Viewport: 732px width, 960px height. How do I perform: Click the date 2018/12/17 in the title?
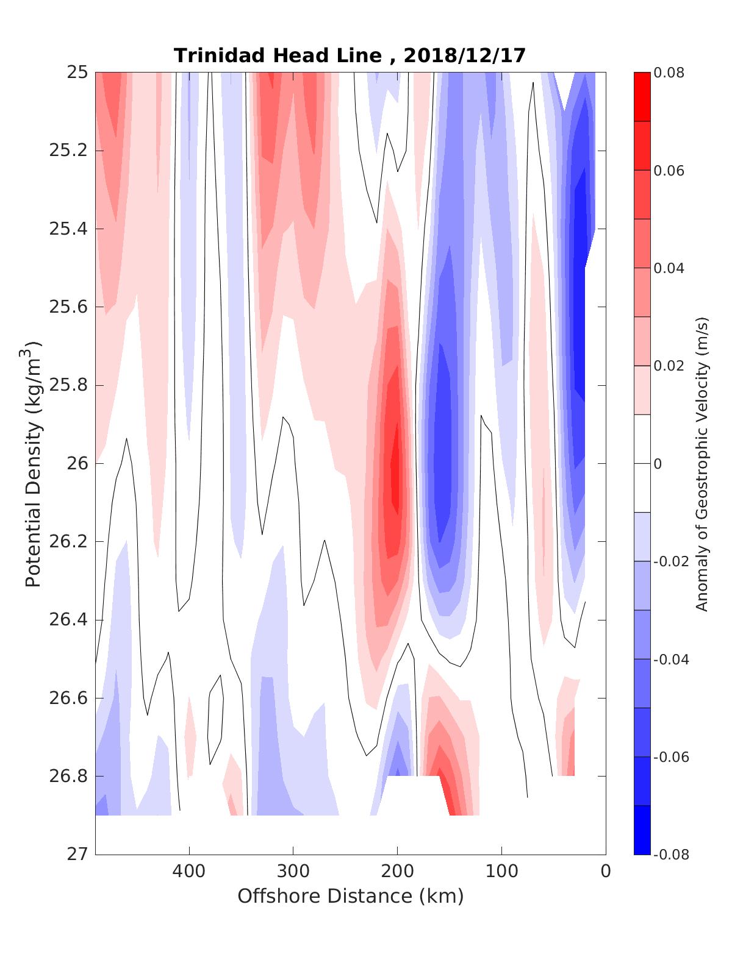point(464,55)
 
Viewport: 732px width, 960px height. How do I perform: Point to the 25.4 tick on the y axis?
point(68,229)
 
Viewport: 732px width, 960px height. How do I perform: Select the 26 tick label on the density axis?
point(78,464)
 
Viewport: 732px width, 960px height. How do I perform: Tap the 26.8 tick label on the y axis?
point(68,777)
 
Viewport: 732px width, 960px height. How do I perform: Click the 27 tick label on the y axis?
point(78,855)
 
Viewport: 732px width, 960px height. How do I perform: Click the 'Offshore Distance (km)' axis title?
point(350,896)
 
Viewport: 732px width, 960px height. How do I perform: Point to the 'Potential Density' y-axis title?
point(33,463)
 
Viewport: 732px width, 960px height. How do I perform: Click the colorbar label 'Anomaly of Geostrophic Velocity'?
point(702,463)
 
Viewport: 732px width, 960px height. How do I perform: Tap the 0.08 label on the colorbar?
point(669,73)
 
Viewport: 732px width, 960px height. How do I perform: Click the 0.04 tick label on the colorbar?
point(669,268)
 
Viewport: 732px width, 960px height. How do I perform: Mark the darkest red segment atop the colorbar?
point(642,97)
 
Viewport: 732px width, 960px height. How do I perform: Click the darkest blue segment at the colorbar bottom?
point(642,830)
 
